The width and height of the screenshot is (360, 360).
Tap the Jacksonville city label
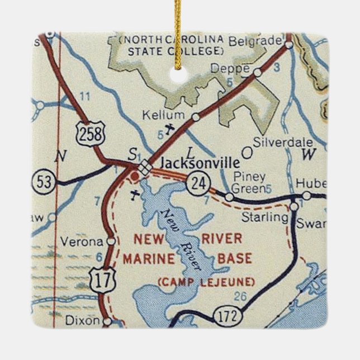click(200, 163)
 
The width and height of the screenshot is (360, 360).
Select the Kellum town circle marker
click(195, 117)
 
